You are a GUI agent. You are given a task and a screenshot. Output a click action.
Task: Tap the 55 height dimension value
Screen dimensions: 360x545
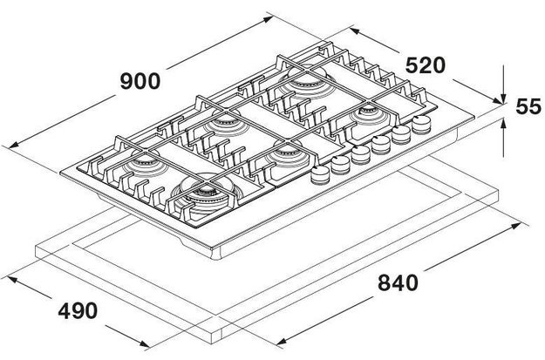click(x=528, y=108)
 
